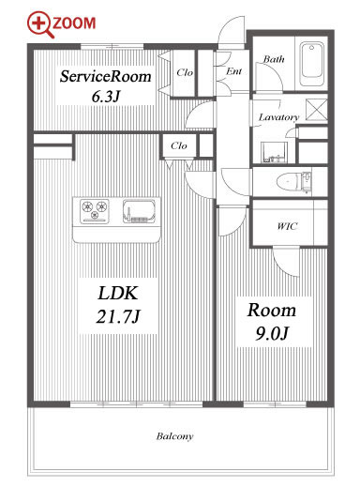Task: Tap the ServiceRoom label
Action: pos(105,76)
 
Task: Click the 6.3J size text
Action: pos(106,97)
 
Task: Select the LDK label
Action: pos(117,294)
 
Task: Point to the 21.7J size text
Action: pos(118,316)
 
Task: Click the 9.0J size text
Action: pos(272,333)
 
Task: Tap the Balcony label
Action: pos(174,436)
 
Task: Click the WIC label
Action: pos(287,226)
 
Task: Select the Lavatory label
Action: pos(278,117)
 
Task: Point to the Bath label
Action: pos(274,59)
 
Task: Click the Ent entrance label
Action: pos(234,71)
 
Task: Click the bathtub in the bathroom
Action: pos(311,64)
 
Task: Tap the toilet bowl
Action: pos(288,182)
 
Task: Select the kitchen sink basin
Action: pos(139,211)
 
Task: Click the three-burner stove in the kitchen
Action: pos(95,210)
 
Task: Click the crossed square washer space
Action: pos(316,110)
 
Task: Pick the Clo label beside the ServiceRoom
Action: pos(185,72)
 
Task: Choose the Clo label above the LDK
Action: pos(179,145)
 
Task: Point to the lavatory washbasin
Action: pos(274,152)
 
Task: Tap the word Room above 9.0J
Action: pos(272,311)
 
